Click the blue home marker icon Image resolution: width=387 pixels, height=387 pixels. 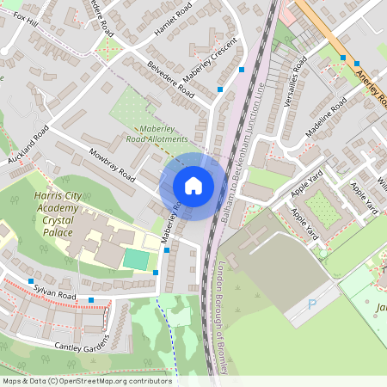[193, 185]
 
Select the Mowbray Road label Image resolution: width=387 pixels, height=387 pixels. [112, 165]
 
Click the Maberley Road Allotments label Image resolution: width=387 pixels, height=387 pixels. [157, 132]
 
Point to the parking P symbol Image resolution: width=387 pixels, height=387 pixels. [312, 304]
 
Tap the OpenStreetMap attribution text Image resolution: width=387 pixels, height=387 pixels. [86, 380]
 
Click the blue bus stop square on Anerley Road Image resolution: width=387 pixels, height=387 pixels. [343, 58]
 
